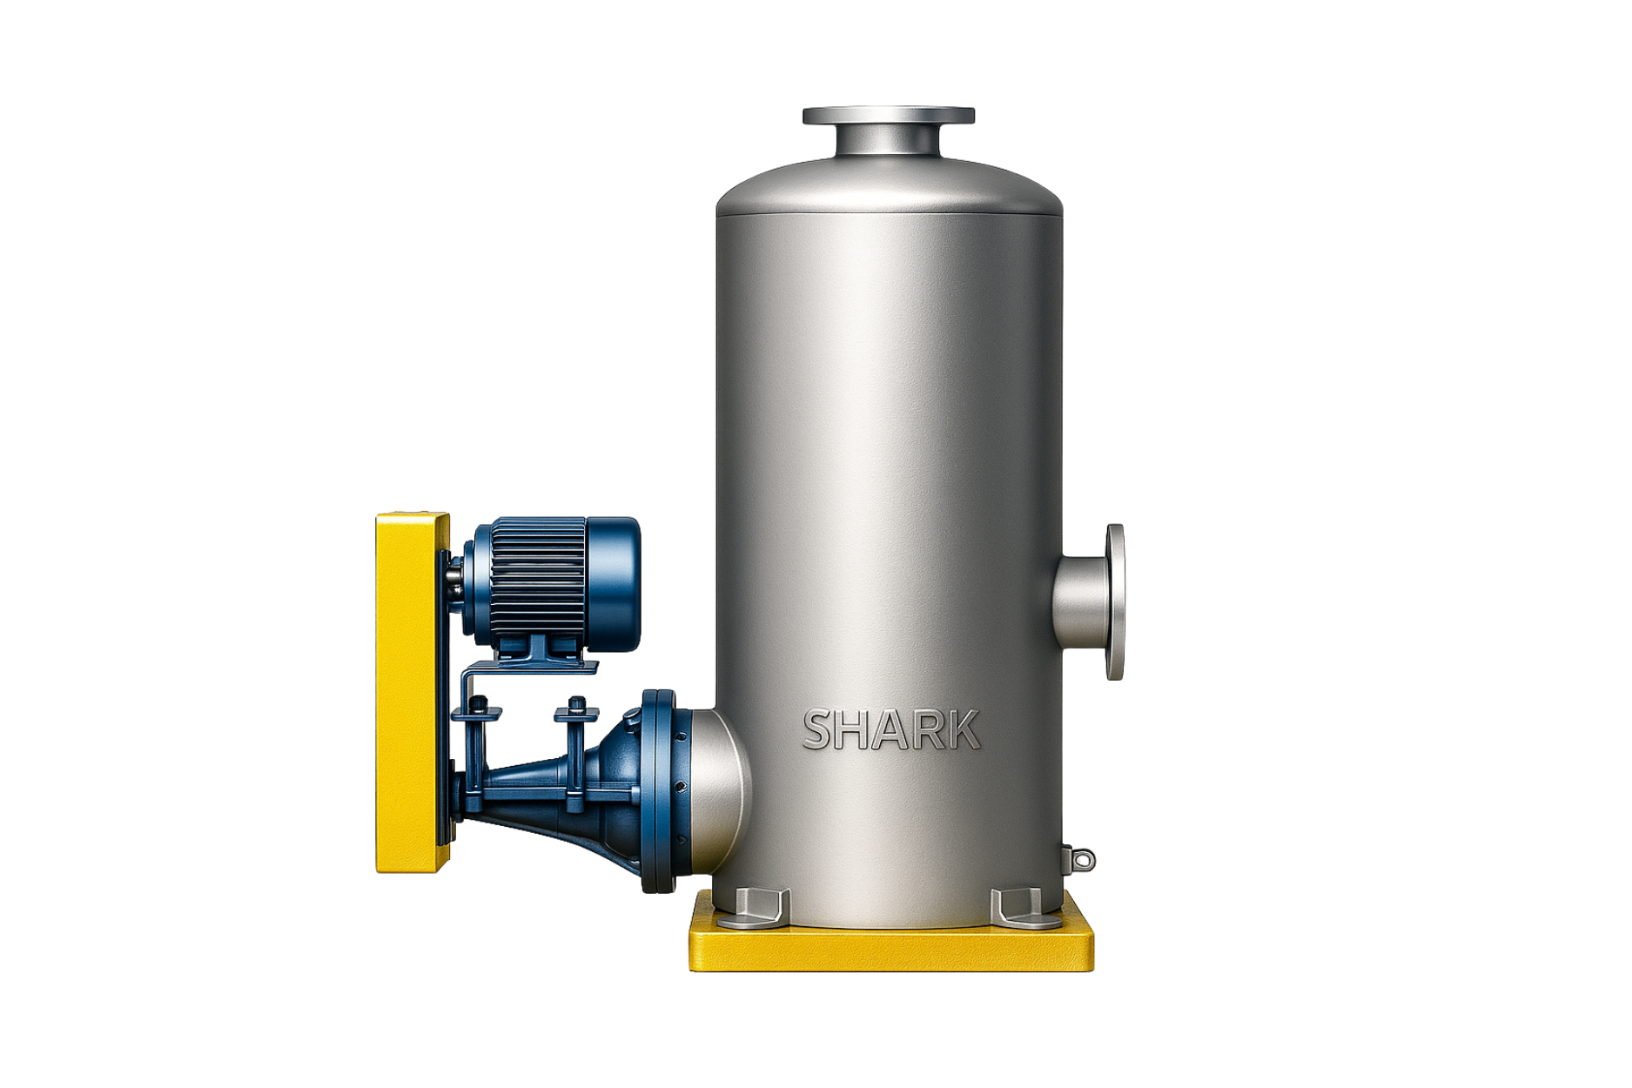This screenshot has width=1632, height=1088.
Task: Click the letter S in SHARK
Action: (x=820, y=729)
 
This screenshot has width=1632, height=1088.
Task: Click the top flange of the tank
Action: (x=888, y=116)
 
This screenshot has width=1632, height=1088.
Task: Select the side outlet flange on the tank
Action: (x=1114, y=601)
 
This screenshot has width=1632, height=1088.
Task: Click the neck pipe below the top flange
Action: (x=888, y=141)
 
